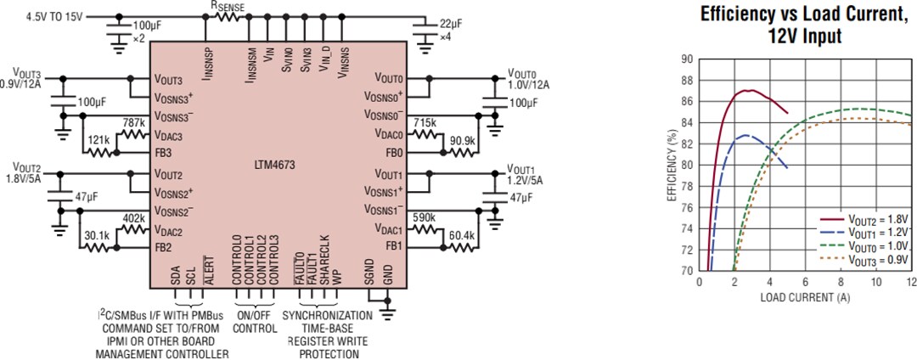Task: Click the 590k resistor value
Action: [x=424, y=218]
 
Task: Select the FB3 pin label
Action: [x=163, y=153]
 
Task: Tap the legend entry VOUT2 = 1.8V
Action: [x=875, y=219]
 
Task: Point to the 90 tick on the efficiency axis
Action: [x=686, y=59]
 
